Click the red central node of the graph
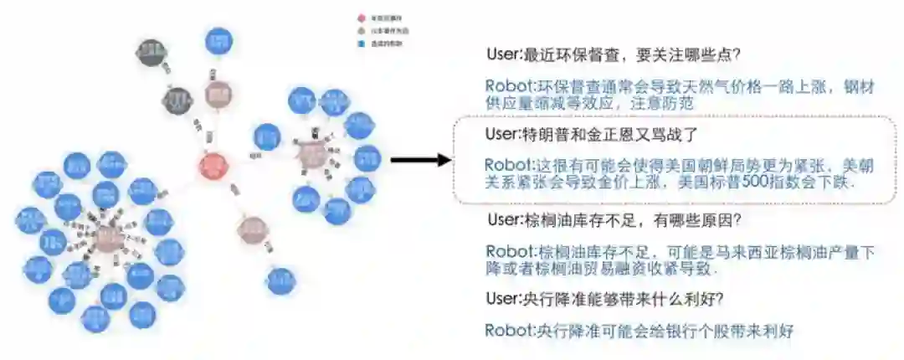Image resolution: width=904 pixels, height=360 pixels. [x=213, y=165]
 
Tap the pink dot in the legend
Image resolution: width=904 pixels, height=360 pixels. [x=361, y=18]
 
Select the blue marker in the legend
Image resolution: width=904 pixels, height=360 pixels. [x=361, y=42]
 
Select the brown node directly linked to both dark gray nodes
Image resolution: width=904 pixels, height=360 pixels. [x=219, y=93]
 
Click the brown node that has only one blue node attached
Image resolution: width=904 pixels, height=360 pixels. [x=252, y=229]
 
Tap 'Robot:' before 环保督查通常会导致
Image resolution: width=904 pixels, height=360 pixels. [x=510, y=86]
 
